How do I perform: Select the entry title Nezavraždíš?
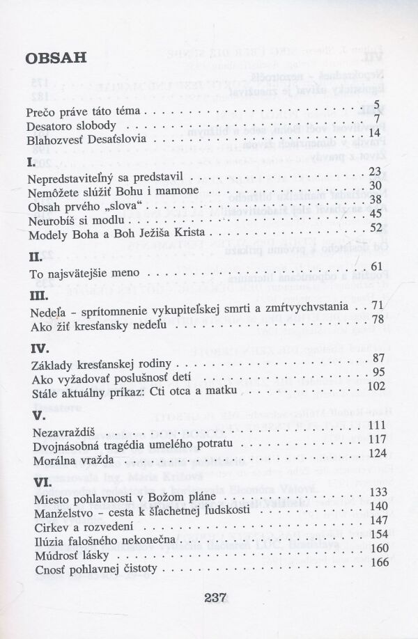[59, 426]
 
